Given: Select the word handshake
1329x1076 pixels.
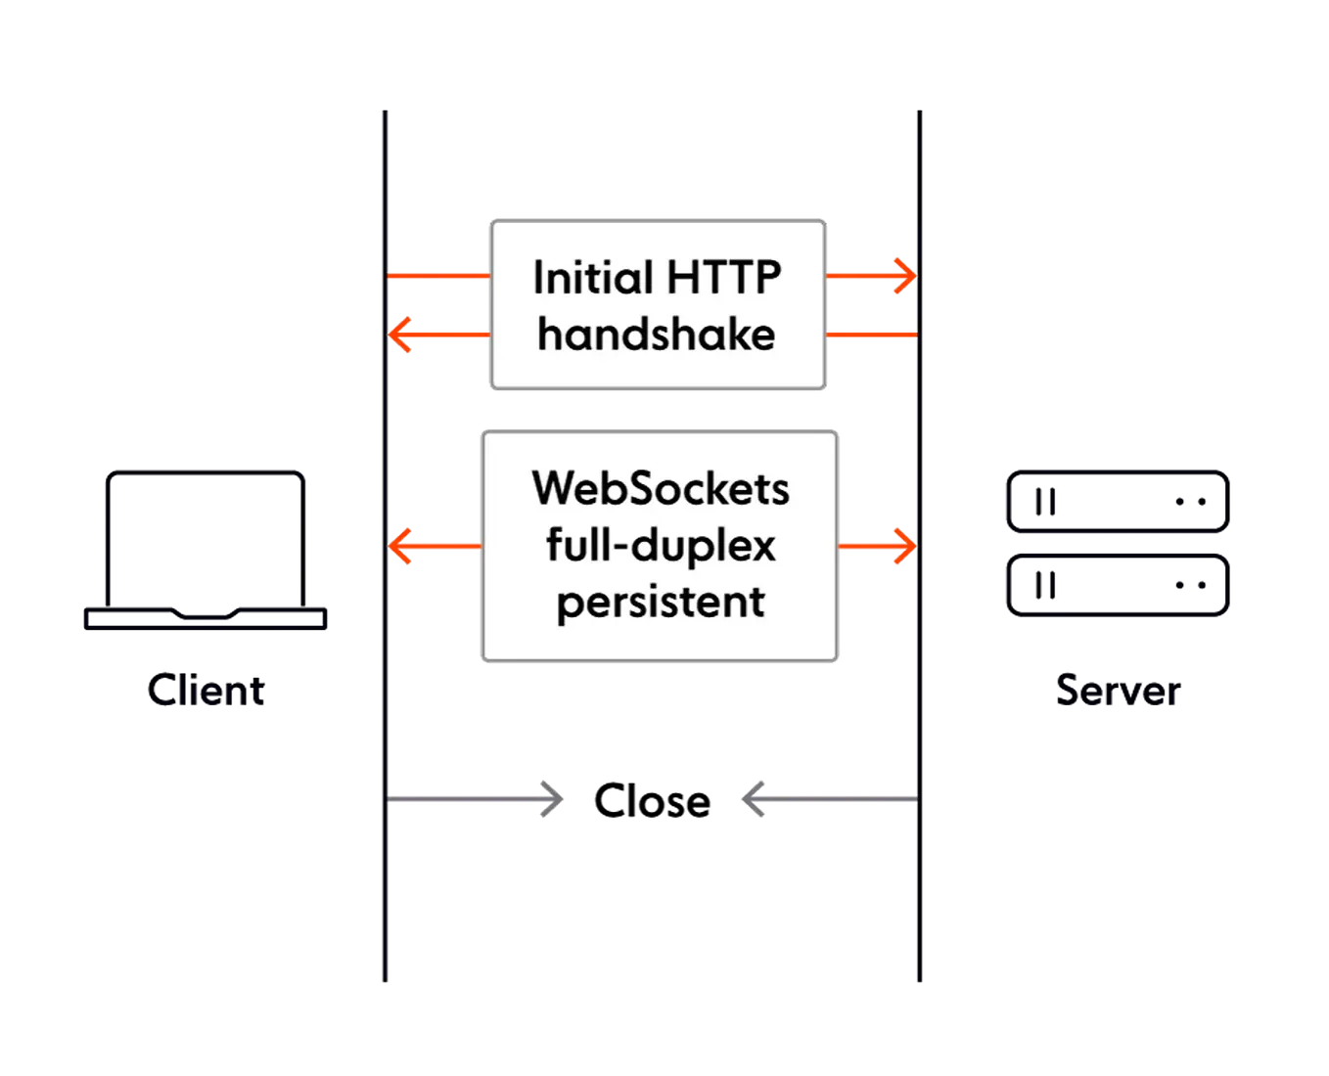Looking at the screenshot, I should (x=657, y=335).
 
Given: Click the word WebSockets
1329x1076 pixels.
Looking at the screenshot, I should (x=661, y=488).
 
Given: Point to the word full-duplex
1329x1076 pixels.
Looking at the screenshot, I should (x=661, y=545).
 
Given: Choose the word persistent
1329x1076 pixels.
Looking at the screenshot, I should (x=661, y=601).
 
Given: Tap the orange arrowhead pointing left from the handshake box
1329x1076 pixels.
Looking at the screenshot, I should (x=400, y=335).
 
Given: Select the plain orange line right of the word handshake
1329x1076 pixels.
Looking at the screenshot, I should (x=871, y=335).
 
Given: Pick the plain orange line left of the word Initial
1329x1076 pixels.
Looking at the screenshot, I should (x=438, y=277).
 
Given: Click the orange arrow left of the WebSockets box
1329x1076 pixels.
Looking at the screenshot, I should (x=431, y=546).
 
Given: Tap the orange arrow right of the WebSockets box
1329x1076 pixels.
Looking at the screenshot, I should (x=879, y=546).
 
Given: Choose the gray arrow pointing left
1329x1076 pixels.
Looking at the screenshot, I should (x=828, y=798).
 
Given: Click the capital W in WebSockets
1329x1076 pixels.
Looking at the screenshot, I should (x=554, y=488).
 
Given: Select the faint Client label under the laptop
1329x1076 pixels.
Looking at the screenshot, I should (x=206, y=693).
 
